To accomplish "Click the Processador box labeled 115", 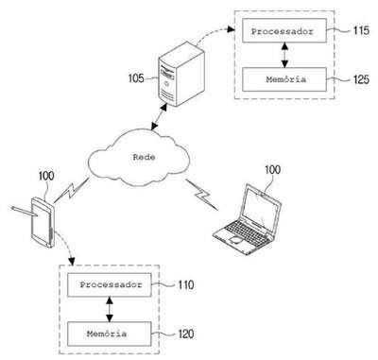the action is point(284,30).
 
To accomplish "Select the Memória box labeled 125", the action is point(284,79).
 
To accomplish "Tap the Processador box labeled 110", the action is point(110,284).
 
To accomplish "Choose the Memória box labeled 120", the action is point(110,334).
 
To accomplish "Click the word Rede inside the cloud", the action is point(144,157).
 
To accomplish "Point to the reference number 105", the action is point(136,78).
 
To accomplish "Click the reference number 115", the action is point(361,30).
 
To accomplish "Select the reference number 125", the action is point(361,79).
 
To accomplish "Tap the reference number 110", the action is point(186,284).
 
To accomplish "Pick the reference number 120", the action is point(186,334).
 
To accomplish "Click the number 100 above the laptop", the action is point(272,170).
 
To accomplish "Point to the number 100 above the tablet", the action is point(46,176).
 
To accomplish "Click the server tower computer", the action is point(180,75).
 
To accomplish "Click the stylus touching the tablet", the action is point(25,212).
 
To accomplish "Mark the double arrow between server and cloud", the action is point(159,116).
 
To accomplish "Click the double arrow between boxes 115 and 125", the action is point(284,55).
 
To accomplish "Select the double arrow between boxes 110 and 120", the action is point(110,309).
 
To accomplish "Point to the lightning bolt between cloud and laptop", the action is point(201,195).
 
